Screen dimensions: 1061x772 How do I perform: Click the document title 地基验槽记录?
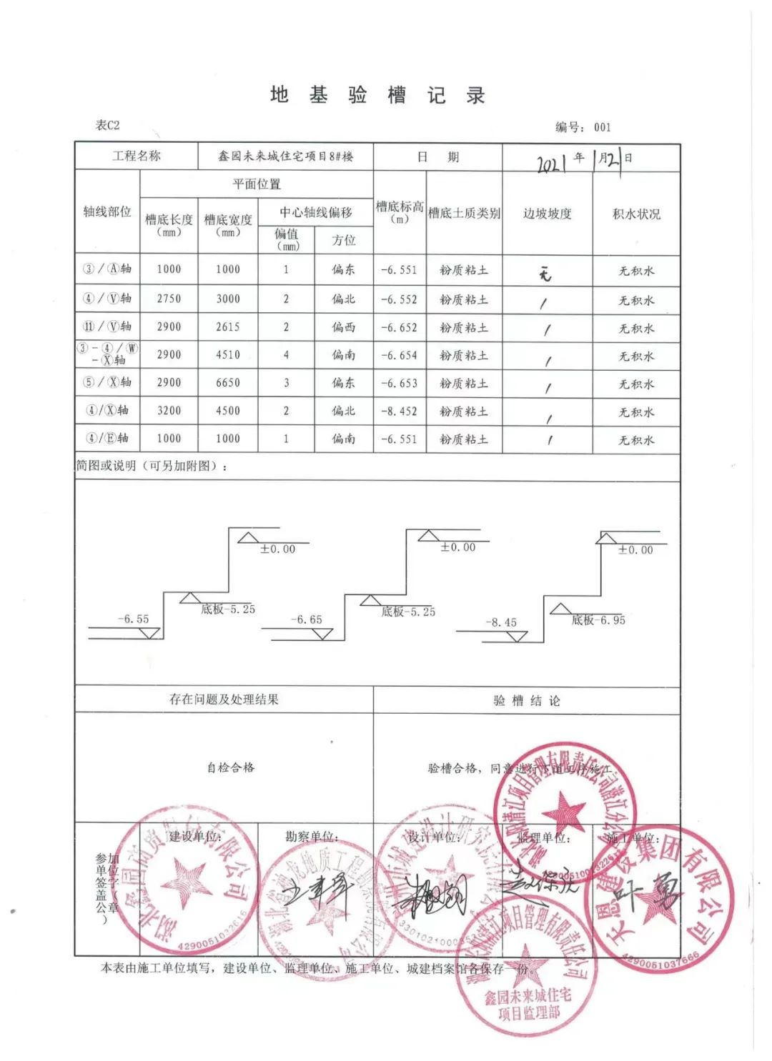[x=377, y=95]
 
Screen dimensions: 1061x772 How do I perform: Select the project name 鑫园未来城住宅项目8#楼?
[x=285, y=156]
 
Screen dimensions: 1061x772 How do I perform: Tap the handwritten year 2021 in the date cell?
[x=551, y=163]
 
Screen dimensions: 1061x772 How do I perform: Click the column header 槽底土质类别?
[x=464, y=213]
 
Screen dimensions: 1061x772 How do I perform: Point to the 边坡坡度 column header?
[x=547, y=214]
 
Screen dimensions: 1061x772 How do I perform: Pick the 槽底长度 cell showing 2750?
[x=169, y=299]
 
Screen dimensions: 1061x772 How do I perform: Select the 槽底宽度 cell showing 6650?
[x=228, y=383]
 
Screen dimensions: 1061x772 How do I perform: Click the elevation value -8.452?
[x=399, y=412]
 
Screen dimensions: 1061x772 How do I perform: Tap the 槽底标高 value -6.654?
[x=399, y=355]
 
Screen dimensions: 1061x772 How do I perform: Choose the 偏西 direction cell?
[x=343, y=327]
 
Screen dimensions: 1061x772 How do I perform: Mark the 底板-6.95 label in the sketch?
[x=598, y=620]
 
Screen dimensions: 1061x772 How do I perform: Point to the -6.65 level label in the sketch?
[x=307, y=619]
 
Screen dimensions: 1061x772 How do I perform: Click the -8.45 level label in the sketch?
[x=500, y=622]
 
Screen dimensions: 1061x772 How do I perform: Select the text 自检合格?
[x=230, y=767]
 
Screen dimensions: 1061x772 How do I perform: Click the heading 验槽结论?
[x=526, y=701]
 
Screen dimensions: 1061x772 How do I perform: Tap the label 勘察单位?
[x=312, y=837]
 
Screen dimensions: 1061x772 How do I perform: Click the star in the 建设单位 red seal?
[x=187, y=880]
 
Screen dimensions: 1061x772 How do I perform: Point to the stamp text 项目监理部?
[x=529, y=1012]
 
